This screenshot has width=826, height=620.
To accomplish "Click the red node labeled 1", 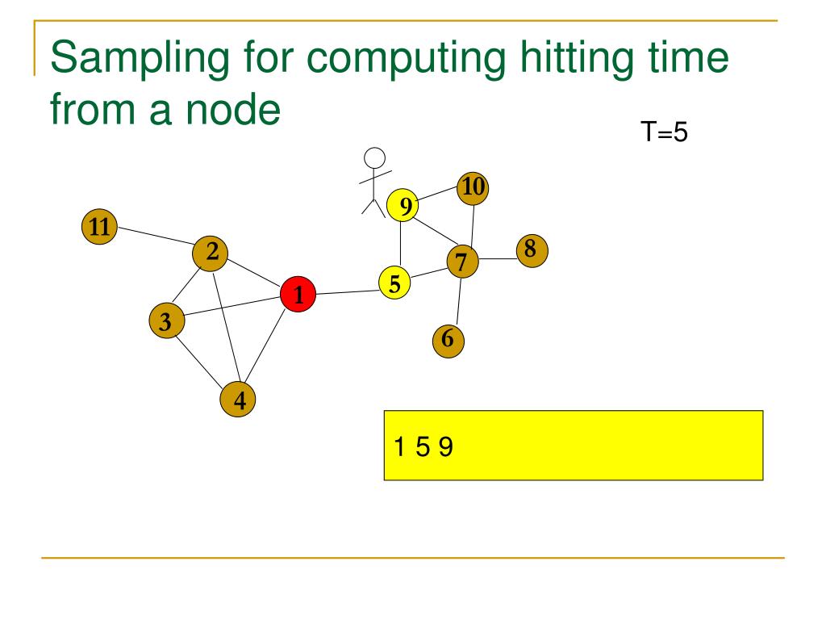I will (x=298, y=295).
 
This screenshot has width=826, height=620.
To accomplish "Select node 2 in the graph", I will (x=211, y=253).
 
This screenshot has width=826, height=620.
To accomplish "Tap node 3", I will (x=166, y=322).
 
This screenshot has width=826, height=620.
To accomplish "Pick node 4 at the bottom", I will (x=239, y=400).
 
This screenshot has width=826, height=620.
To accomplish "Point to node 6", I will (x=448, y=341).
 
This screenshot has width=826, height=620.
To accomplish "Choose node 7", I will (x=462, y=261).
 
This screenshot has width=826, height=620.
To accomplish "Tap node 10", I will (x=473, y=189).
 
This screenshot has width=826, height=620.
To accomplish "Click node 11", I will (x=99, y=227).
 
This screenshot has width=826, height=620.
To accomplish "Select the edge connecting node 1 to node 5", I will (x=347, y=290).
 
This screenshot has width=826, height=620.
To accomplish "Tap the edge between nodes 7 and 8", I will (x=497, y=258).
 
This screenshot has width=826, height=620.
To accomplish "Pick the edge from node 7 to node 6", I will (x=456, y=300).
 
